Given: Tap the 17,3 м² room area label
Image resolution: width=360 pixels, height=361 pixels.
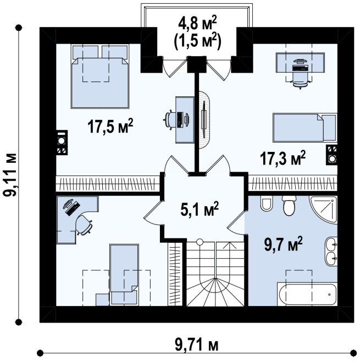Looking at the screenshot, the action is coord(283,158).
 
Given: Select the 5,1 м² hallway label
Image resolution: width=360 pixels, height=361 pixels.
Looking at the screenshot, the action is coord(200,209).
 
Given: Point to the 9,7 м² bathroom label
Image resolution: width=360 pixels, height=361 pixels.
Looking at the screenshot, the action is coord(283,244).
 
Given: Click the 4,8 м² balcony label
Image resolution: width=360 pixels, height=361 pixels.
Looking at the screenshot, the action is coord(197,23).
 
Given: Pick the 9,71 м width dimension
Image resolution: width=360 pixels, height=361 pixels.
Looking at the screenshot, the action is coord(197,345).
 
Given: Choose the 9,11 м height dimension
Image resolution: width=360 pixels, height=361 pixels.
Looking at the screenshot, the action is coord(10,175).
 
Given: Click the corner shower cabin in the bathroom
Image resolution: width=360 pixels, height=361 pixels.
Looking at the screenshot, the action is coord(323,210).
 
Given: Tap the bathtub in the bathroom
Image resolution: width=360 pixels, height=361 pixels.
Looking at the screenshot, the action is coord(307,294).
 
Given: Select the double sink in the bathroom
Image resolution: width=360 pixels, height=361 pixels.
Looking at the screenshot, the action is coord(331,251).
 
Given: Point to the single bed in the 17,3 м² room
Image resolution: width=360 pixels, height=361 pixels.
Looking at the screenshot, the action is coord(305,128).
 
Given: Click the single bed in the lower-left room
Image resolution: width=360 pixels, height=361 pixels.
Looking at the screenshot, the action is coord(124,275).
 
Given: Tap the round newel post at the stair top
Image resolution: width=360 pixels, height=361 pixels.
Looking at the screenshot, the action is coord(200,242).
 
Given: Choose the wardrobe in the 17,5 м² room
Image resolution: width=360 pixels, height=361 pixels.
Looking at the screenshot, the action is coord(108,184).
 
